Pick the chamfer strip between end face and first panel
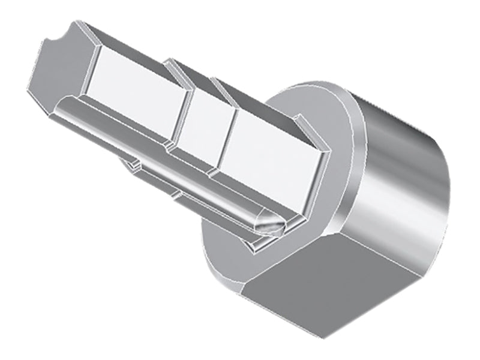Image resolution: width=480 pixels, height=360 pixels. (84, 66)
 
